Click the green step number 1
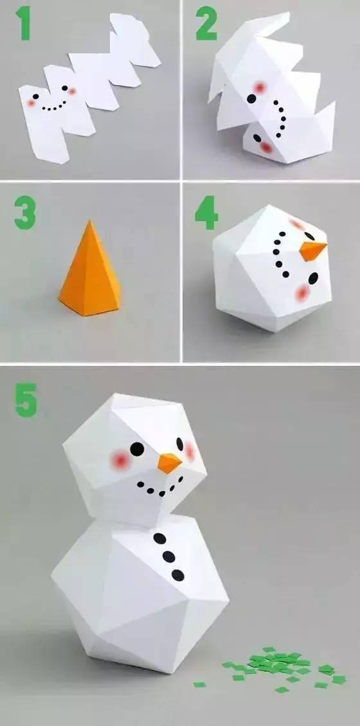click(24, 24)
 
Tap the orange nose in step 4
click(312, 250)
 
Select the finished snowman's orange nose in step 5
click(170, 462)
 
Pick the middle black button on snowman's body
click(168, 556)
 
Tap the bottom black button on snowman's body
click(177, 574)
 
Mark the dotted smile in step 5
click(157, 490)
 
